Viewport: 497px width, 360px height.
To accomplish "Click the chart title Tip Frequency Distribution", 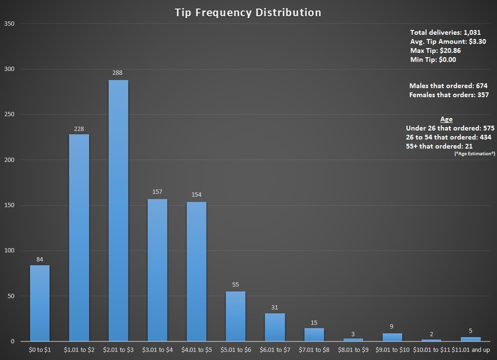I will click(248, 12).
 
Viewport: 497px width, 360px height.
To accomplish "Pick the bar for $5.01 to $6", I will click(235, 316).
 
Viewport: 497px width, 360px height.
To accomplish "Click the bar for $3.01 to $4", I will click(157, 270).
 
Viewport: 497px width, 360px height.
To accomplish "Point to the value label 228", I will click(79, 129).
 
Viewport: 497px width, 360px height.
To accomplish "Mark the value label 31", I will click(275, 308).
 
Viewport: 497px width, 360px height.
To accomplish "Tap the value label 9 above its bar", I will click(392, 327).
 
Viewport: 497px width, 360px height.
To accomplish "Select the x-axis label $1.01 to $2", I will click(79, 350).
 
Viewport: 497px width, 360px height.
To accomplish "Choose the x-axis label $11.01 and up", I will click(471, 350).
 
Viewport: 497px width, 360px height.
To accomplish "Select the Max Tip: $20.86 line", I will click(435, 50).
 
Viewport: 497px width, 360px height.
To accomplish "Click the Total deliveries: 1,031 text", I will click(446, 32).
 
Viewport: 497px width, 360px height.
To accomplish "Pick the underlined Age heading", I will click(446, 120).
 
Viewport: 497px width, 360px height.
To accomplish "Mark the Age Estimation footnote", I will click(475, 154).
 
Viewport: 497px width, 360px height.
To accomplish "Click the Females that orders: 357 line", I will click(449, 95).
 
